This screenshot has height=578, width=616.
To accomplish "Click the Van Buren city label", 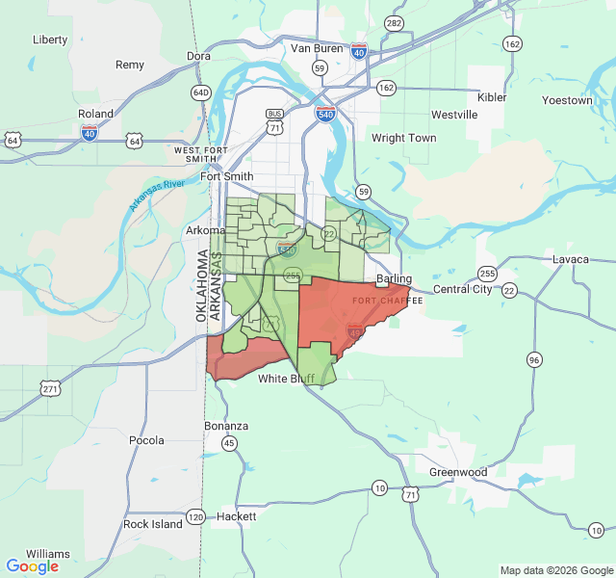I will [317, 48].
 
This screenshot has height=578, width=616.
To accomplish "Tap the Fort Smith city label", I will [227, 176].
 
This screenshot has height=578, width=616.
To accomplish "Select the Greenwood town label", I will [458, 472].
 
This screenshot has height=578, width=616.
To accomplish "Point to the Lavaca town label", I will [570, 259].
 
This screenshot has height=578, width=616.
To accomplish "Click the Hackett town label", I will [237, 516].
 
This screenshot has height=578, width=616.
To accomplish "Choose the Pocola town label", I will [146, 440].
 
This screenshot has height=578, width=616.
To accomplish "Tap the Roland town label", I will [95, 114].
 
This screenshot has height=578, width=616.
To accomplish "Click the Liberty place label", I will [50, 39].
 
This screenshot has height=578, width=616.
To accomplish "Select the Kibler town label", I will [492, 98].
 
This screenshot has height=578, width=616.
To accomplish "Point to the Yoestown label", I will [567, 100].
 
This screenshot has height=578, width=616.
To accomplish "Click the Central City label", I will [462, 289].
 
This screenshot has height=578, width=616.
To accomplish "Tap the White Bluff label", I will [286, 379].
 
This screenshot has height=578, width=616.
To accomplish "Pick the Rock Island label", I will [152, 524].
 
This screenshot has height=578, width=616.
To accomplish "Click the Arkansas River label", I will [156, 196].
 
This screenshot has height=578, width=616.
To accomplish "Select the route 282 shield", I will [393, 23].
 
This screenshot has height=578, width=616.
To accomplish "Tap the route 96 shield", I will [534, 359].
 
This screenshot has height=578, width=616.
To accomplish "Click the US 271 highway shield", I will [51, 389].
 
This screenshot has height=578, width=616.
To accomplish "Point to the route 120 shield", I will [195, 516].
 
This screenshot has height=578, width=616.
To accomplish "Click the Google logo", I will [33, 566].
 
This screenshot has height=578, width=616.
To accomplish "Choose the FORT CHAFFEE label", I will [387, 302].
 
